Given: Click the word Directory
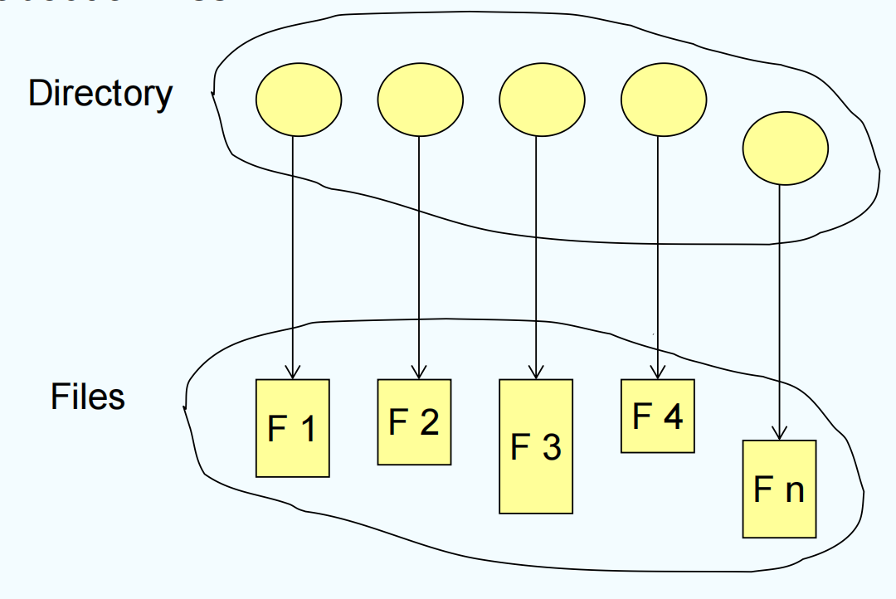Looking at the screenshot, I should [x=100, y=94].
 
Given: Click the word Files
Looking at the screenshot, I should [x=88, y=397].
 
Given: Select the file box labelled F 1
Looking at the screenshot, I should [x=292, y=428].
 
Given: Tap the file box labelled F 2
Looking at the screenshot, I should [x=414, y=421].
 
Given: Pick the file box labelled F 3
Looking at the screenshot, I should [x=536, y=446].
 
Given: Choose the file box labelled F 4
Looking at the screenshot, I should [x=658, y=416].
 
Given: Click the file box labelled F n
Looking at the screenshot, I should [x=779, y=489].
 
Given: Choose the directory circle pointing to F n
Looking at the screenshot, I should [x=785, y=149].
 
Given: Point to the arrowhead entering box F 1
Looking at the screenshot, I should [x=292, y=373].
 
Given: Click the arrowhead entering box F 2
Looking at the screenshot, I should [x=418, y=373].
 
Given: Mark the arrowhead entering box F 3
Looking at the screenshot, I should [x=536, y=373].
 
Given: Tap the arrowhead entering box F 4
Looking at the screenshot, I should [x=658, y=373].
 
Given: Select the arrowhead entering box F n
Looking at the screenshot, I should [x=779, y=433].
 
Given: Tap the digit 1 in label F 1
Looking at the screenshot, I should [x=306, y=429].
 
